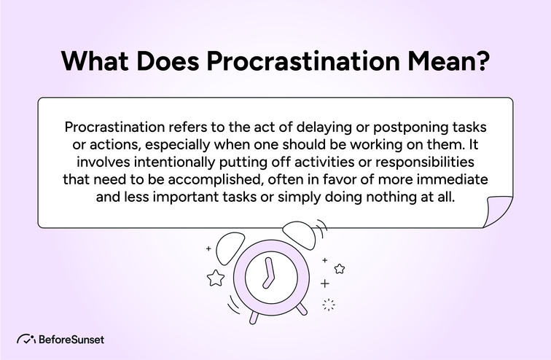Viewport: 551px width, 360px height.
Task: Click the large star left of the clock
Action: click(216, 278)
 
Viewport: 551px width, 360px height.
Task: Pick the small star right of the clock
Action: click(339, 268)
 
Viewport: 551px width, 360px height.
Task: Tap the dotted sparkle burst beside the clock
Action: click(328, 305)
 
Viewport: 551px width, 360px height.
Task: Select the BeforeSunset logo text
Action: click(71, 340)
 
